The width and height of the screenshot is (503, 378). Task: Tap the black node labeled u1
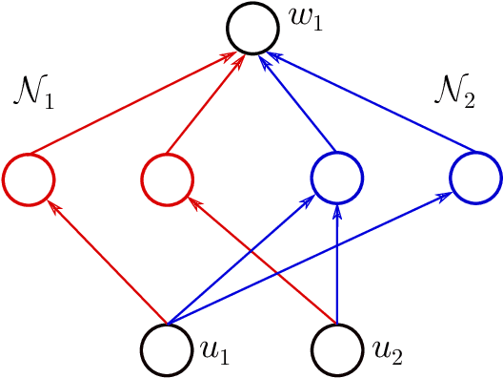(167, 347)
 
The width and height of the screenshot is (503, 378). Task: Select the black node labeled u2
(337, 347)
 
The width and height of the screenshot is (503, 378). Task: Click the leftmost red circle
(29, 178)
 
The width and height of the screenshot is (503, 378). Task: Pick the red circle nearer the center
(167, 178)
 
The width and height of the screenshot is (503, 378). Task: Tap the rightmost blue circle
(474, 178)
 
